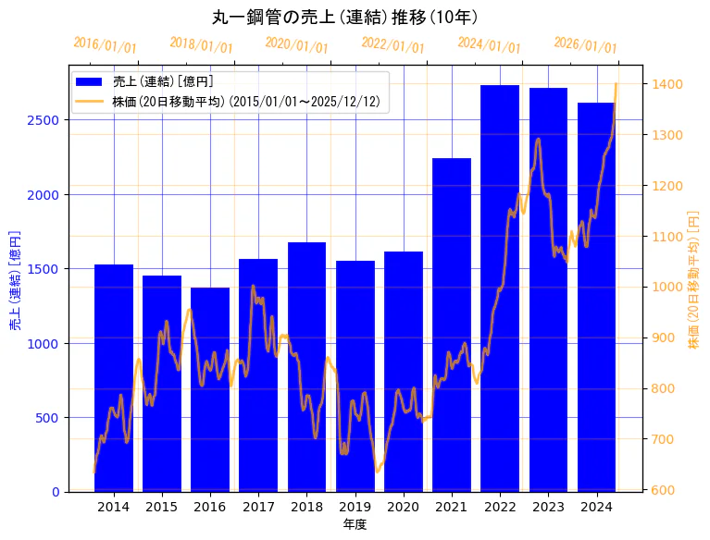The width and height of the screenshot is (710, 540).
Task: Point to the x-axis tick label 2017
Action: tap(258, 507)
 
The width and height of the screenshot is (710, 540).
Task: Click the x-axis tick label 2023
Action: tap(548, 507)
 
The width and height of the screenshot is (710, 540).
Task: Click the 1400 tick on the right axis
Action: tap(667, 84)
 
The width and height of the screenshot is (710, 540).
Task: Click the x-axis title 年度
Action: tap(355, 524)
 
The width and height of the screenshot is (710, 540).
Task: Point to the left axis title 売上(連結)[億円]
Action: tap(15, 278)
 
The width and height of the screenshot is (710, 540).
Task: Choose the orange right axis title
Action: tap(693, 278)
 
